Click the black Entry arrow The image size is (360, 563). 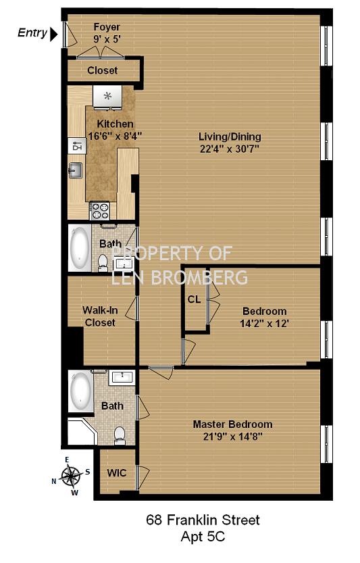point(53,34)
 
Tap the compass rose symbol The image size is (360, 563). point(71,476)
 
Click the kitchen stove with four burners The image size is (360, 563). point(100,211)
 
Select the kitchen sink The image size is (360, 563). point(76,170)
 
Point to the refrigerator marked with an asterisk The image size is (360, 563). point(107,96)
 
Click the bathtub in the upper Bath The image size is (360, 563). point(80,248)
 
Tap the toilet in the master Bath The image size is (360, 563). point(119,435)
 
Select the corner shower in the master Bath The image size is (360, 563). point(81,431)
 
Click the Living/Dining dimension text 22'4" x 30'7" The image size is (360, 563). point(230,149)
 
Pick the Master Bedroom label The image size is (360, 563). point(232,424)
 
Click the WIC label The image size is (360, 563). point(117,472)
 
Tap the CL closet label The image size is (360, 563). point(194,299)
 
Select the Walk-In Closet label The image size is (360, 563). point(100,316)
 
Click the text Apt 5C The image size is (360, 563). point(203,537)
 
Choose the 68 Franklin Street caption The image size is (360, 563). point(203,520)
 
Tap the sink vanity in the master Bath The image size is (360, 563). point(122,377)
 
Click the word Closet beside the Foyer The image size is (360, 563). point(102,70)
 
